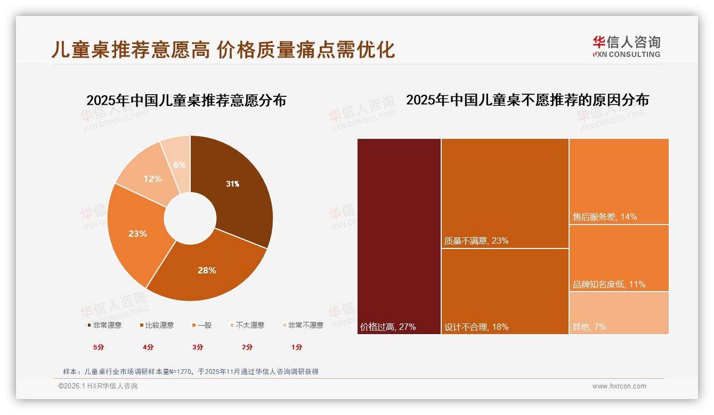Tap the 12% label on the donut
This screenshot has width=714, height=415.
[152, 179]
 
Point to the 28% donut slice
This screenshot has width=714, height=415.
[207, 270]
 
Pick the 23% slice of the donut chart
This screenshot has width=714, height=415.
[137, 234]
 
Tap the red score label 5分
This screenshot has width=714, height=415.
[99, 347]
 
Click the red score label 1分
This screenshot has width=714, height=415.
[297, 347]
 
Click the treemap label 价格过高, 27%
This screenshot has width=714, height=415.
[388, 327]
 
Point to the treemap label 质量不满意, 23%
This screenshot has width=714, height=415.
[476, 240]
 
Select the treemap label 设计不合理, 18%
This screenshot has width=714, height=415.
[476, 327]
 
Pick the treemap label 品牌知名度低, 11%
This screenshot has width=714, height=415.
[609, 284]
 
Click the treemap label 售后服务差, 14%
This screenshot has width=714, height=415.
[605, 217]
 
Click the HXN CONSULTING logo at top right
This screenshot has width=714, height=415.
[627, 47]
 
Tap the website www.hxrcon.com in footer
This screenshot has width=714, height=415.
[619, 386]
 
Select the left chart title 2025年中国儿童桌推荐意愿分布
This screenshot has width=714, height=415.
[186, 100]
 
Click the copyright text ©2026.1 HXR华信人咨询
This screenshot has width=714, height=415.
[98, 386]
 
